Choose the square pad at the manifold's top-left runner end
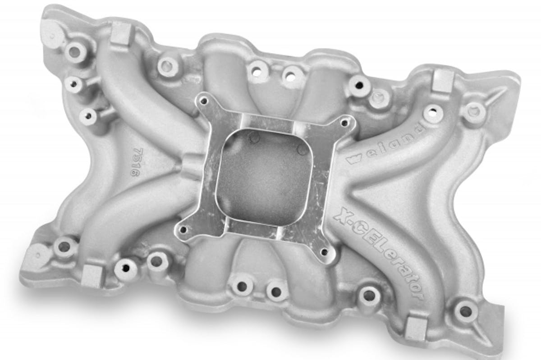tap(120, 34)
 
